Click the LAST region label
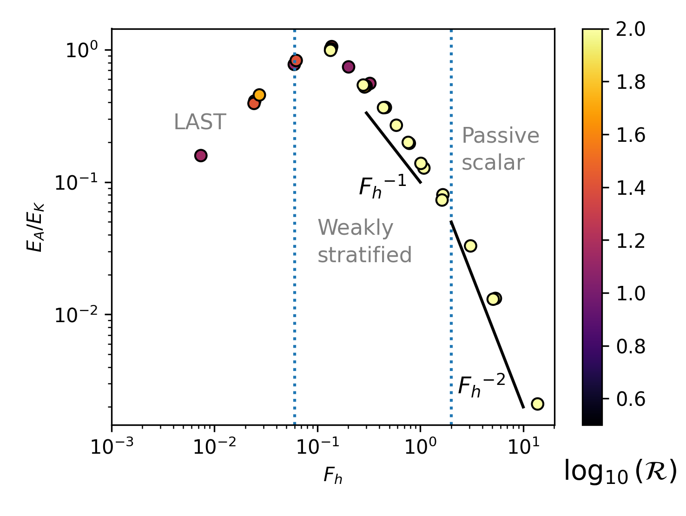[200, 122]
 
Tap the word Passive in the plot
[500, 136]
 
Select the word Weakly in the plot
[355, 228]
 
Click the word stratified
[364, 255]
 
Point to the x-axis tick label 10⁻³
[112, 447]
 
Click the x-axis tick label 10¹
[524, 447]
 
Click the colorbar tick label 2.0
[631, 29]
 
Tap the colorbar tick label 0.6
[631, 399]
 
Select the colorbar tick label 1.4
[631, 188]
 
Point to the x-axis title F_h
[333, 476]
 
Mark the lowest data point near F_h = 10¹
[537, 404]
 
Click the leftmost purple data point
[200, 156]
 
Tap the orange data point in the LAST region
[259, 95]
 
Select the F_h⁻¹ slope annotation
[382, 187]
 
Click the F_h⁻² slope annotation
[481, 385]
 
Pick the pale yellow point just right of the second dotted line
[470, 246]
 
